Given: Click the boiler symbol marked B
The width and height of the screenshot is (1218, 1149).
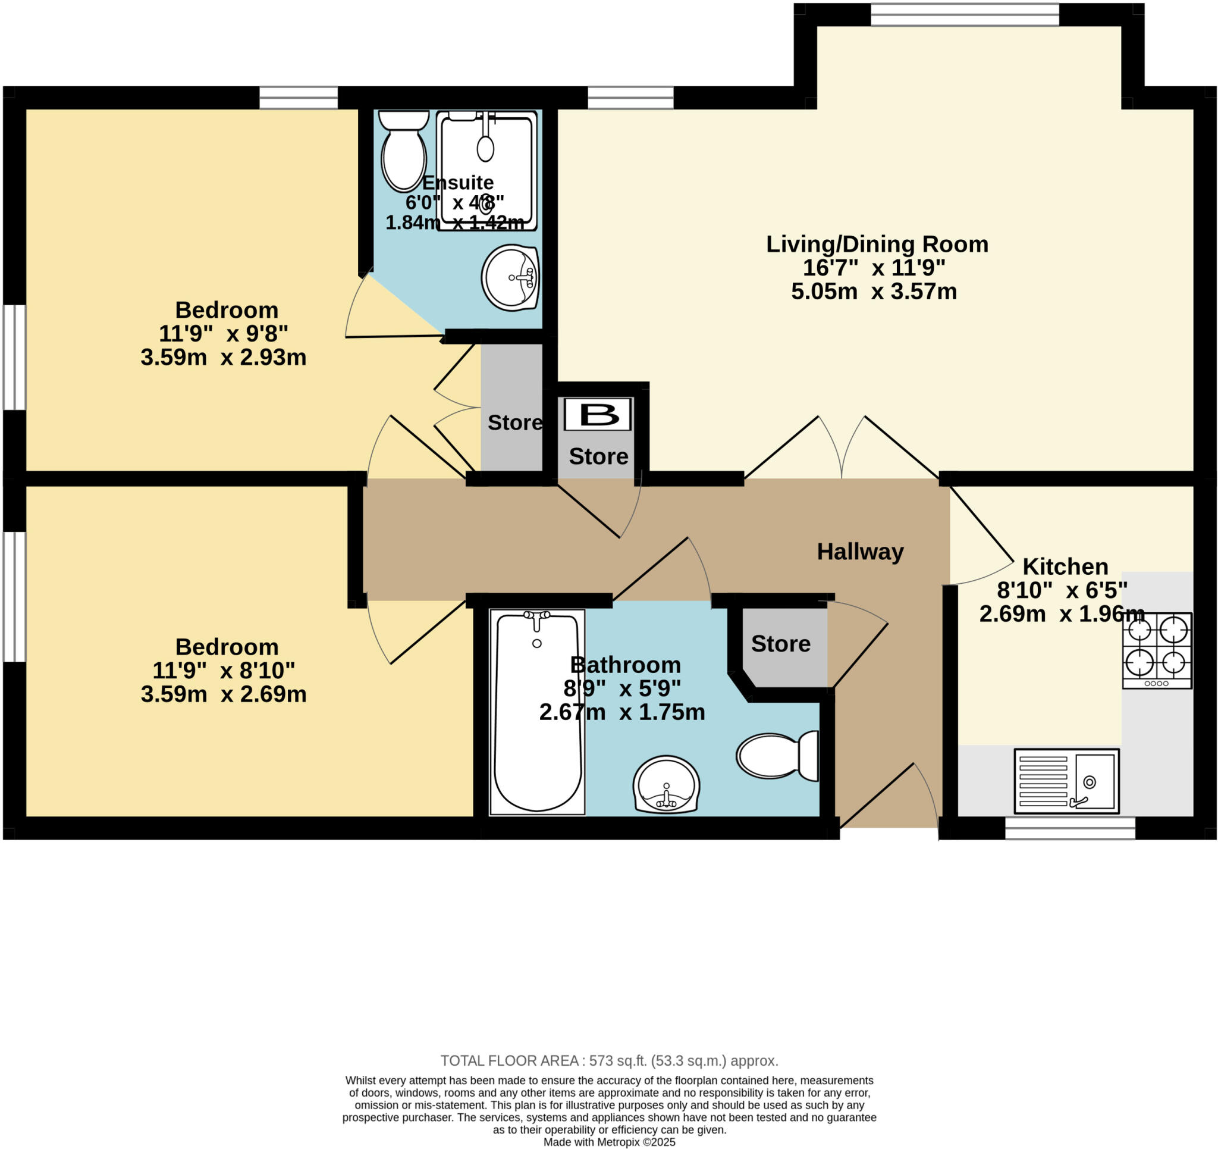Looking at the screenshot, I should point(597,415).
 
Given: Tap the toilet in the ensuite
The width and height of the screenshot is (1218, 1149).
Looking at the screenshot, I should point(403,152).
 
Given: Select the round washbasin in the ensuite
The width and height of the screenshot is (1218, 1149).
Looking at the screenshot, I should point(510,278).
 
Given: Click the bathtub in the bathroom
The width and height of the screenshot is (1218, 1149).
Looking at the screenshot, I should point(537,711).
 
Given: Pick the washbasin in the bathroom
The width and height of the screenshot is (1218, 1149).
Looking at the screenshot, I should point(666,785).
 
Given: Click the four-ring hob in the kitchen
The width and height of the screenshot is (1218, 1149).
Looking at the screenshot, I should point(1157,650).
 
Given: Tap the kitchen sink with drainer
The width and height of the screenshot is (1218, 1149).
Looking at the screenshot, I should point(1066,781).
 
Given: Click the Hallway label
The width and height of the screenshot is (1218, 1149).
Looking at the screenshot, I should point(860,552).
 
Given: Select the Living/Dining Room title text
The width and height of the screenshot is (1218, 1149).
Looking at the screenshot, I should point(877,245).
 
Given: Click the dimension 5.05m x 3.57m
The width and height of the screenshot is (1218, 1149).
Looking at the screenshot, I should point(874,291).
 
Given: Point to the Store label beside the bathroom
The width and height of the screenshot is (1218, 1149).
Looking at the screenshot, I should point(780,644).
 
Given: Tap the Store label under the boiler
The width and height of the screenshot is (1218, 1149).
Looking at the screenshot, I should point(598,457).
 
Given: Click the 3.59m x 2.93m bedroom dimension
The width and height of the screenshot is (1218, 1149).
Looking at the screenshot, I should point(224,358).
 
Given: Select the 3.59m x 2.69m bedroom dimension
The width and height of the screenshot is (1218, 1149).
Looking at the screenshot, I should point(224,694).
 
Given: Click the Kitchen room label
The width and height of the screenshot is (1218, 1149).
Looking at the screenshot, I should point(1065,566).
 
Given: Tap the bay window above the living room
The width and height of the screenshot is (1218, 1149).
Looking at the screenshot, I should point(965,15).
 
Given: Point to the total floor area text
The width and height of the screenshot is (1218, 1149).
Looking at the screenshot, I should point(609,1061).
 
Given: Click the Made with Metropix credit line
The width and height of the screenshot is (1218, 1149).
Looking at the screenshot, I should point(609,1142).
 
